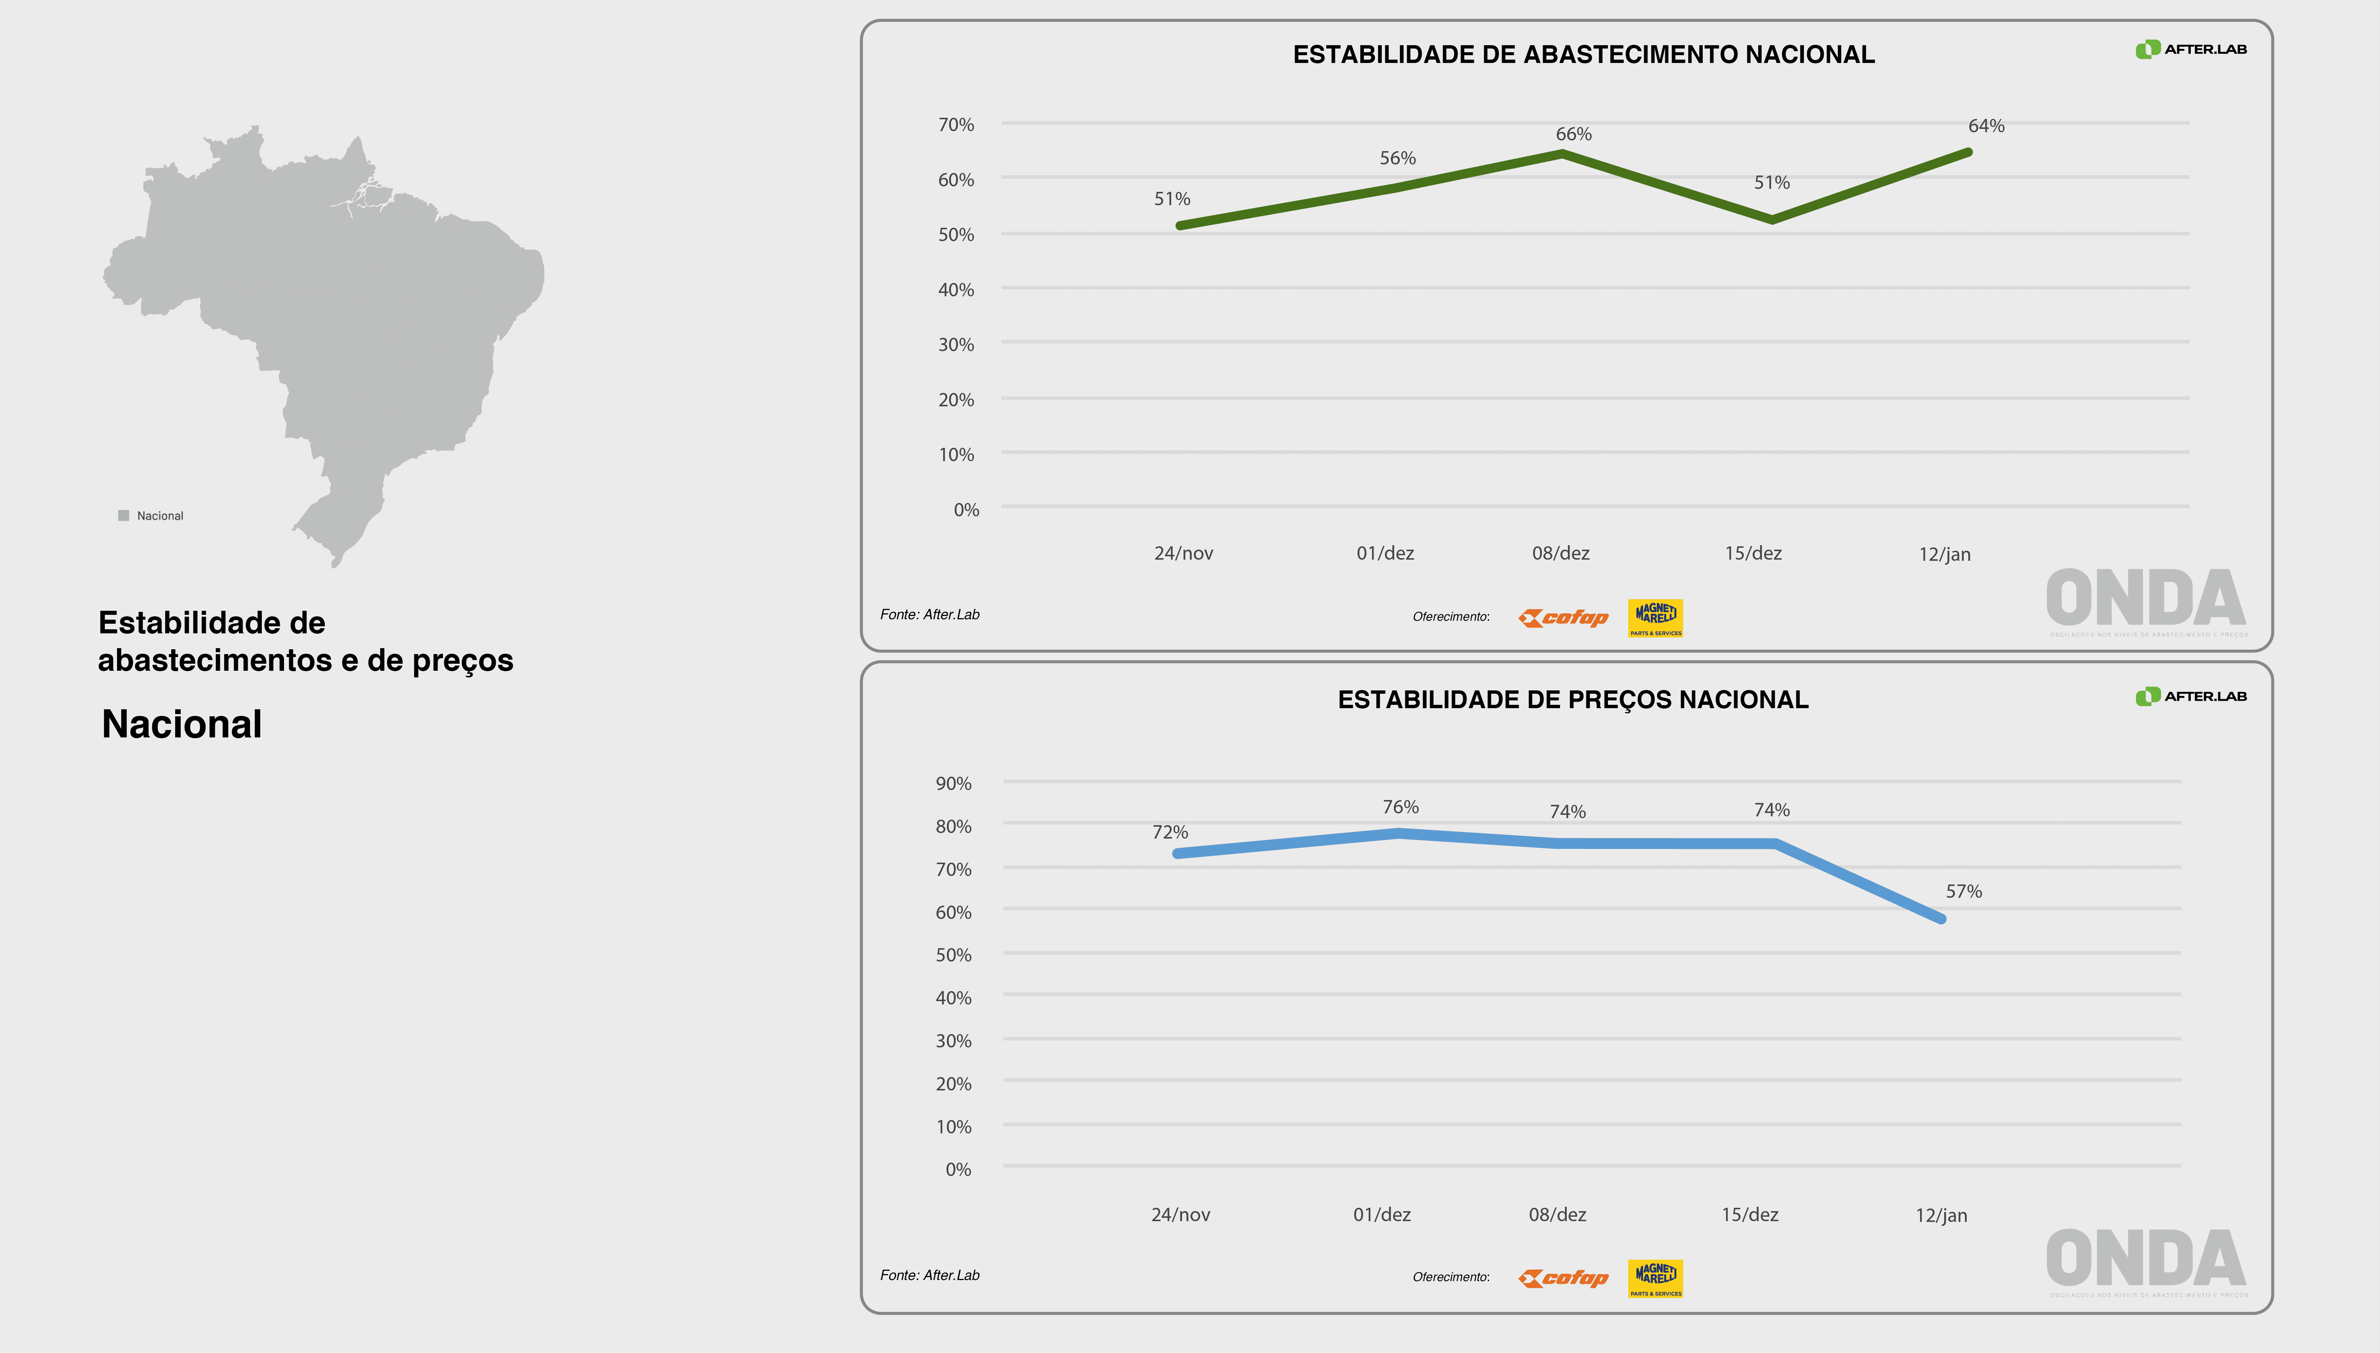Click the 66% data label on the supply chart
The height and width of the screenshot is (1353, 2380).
coord(1574,134)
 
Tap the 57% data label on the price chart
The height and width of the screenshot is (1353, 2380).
coord(1964,891)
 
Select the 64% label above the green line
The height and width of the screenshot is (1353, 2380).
coord(1986,126)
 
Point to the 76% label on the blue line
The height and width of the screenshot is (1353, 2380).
coord(1400,807)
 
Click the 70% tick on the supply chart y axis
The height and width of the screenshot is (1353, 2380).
coord(956,124)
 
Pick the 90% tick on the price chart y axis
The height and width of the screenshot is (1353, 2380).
coord(953,783)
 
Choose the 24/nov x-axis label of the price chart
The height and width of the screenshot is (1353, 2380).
coord(1180,1214)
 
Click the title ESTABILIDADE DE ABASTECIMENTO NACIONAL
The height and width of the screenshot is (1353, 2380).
coord(1583,55)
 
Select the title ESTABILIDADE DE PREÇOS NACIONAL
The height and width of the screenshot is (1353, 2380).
coord(1573,700)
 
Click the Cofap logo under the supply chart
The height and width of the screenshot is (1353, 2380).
coord(1563,618)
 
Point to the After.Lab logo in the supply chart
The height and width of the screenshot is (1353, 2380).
coord(2190,49)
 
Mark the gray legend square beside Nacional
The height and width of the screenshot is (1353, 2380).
coord(124,516)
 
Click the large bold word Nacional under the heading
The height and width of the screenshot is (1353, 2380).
coord(182,724)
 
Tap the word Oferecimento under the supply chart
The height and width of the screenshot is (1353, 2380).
coord(1450,617)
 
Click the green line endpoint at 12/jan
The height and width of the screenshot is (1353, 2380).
coord(1969,152)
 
